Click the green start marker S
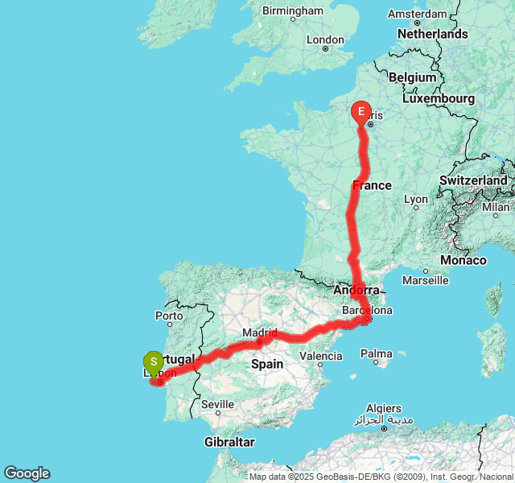(153, 363)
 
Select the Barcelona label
(369, 310)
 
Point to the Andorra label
(356, 290)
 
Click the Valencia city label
(320, 355)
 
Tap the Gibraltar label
(229, 442)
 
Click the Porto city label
(170, 316)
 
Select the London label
(325, 39)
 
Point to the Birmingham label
(293, 11)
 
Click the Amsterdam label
(417, 14)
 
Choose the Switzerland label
(473, 180)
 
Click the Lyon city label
(416, 199)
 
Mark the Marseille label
(425, 280)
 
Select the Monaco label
(463, 260)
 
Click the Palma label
(376, 353)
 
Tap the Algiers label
(383, 408)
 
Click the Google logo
(27, 473)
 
